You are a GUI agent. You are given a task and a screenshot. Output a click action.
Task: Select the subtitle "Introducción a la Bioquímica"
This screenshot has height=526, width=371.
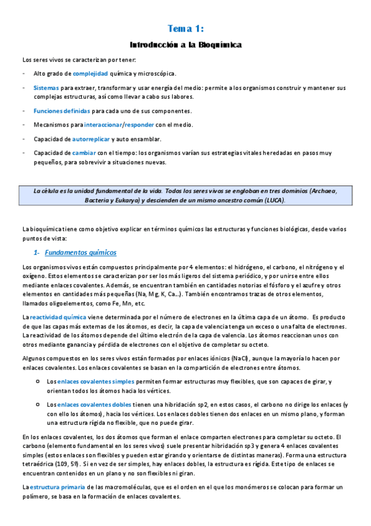pos(185,45)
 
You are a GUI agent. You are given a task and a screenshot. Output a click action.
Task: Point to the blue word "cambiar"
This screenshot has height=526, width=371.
pos(84,153)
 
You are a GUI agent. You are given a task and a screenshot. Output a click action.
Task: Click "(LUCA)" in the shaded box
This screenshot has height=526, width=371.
pos(273,201)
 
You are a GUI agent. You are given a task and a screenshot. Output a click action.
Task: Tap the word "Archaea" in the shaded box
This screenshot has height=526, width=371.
pos(323,192)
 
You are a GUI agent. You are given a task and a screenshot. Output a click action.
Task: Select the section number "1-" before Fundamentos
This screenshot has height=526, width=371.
pos(36,253)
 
